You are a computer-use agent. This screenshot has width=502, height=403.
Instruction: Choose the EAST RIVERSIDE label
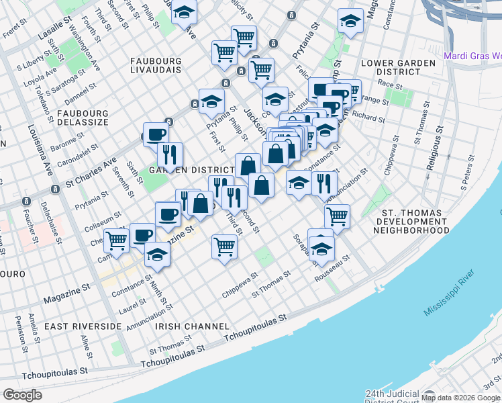83,326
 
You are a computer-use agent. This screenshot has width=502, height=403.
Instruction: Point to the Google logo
23,395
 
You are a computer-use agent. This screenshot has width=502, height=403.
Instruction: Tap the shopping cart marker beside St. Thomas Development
337,216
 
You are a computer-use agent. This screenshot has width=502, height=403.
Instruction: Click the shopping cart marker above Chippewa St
224,245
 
